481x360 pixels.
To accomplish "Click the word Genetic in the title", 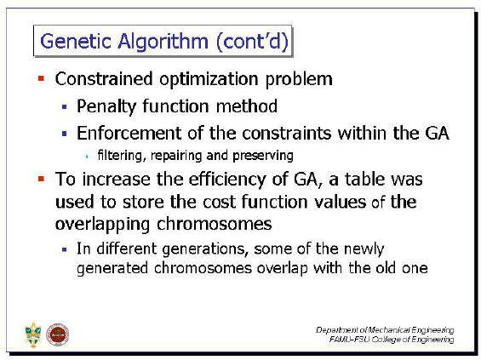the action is click(76, 41).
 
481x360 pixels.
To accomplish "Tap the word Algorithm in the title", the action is click(163, 42).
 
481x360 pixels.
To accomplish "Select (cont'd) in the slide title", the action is click(253, 42).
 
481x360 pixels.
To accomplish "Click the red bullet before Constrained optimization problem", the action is click(41, 78).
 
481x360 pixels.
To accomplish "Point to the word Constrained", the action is click(104, 79).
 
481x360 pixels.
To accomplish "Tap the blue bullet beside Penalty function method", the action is click(65, 106).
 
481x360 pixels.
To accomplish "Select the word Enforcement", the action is click(129, 134).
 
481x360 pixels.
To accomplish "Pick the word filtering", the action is click(120, 156).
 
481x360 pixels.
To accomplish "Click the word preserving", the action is click(263, 156).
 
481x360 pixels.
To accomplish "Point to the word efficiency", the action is click(227, 180).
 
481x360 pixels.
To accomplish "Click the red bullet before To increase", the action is click(41, 179).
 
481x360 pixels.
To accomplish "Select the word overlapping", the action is click(102, 225).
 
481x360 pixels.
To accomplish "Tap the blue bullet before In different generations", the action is click(65, 249).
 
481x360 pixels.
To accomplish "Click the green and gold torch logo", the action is click(33, 334).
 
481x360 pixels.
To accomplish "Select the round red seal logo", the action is click(57, 334).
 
